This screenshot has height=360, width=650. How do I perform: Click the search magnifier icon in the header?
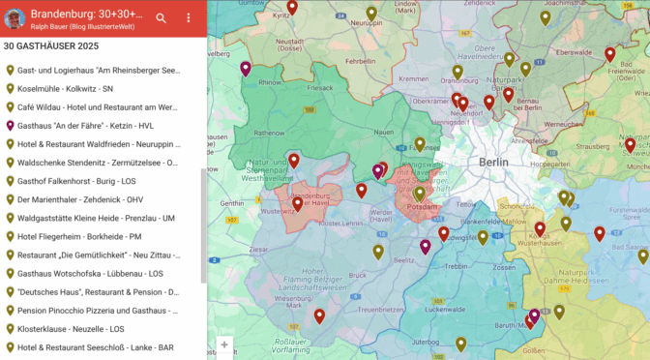(161, 18)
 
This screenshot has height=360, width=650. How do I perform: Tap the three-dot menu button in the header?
(188, 18)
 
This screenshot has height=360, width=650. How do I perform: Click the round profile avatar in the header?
(15, 18)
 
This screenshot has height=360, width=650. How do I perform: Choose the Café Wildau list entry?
(97, 107)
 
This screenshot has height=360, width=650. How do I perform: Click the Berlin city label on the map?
(493, 163)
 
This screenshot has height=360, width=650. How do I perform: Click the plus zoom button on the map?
(224, 345)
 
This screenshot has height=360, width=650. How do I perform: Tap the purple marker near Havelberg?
(246, 68)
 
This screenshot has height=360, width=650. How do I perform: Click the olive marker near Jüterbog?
(461, 344)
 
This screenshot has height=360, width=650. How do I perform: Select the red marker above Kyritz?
(293, 8)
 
